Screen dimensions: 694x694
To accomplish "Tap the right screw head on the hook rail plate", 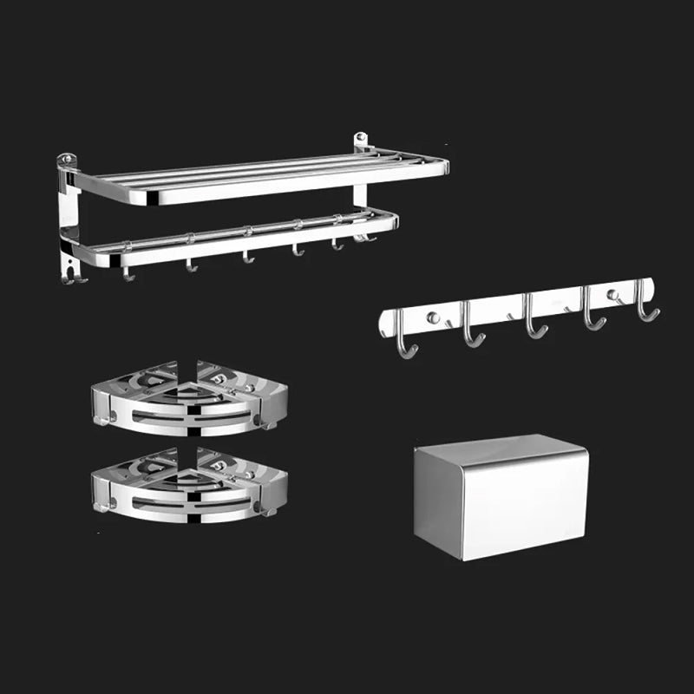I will click(616, 296).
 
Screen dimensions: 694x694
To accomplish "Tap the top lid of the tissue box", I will click(499, 448).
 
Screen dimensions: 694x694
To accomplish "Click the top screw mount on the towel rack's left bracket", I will click(66, 160).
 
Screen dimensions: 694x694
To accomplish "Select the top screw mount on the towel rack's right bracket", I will click(362, 139).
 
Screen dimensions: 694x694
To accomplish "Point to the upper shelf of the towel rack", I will click(260, 178).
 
